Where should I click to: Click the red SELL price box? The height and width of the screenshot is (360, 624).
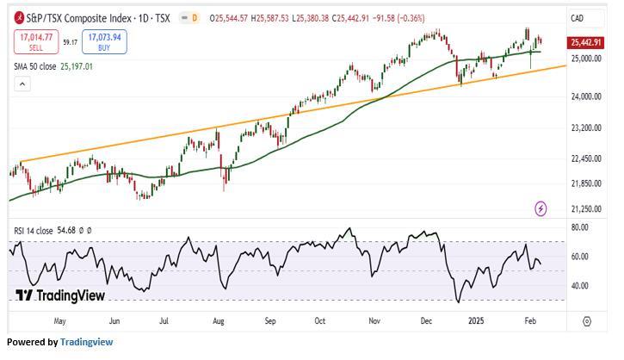click(x=34, y=40)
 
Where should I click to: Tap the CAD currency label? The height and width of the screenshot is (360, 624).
click(x=578, y=18)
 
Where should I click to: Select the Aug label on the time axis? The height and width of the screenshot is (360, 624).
click(x=218, y=321)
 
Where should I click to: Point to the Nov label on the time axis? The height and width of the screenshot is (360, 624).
click(x=374, y=321)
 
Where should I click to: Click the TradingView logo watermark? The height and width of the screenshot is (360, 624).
click(x=60, y=295)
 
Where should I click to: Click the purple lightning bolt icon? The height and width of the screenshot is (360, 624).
click(x=541, y=208)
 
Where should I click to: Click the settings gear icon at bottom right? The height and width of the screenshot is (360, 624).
click(x=586, y=321)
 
